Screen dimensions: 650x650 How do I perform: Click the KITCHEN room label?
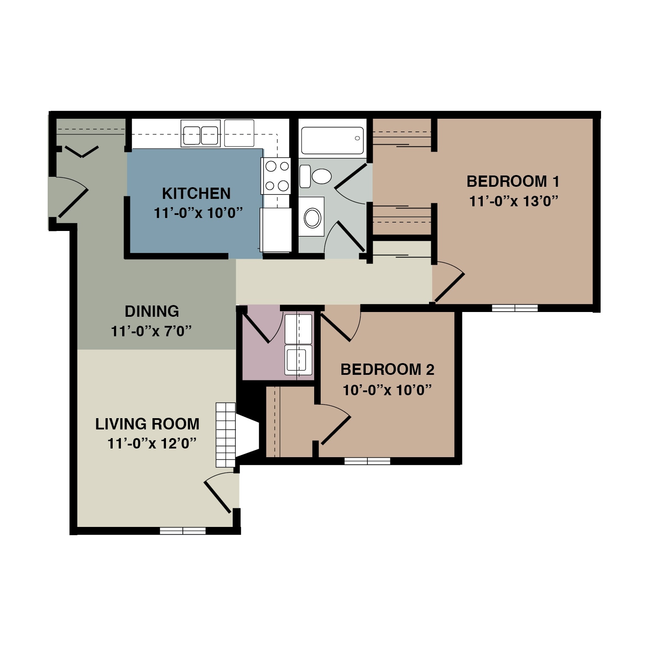196,193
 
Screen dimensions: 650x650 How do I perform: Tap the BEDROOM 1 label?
513,181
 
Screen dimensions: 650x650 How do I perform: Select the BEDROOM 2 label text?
387,370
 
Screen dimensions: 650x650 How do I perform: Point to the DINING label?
152,311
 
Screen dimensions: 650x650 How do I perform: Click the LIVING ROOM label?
147,424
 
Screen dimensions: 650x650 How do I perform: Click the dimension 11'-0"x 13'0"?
513,201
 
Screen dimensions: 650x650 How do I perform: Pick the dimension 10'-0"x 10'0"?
387,390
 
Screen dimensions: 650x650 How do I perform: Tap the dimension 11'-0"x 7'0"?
152,331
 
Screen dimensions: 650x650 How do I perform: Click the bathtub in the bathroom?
332,140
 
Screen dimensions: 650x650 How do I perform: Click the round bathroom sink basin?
312,218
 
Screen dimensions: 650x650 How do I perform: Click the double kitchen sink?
200,134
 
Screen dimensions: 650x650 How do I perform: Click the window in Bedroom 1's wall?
515,308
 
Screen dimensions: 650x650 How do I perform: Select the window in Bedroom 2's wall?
367,461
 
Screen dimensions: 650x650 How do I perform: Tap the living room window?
182,530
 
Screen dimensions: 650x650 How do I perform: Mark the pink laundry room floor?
262,360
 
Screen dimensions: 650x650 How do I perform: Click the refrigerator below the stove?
276,230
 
